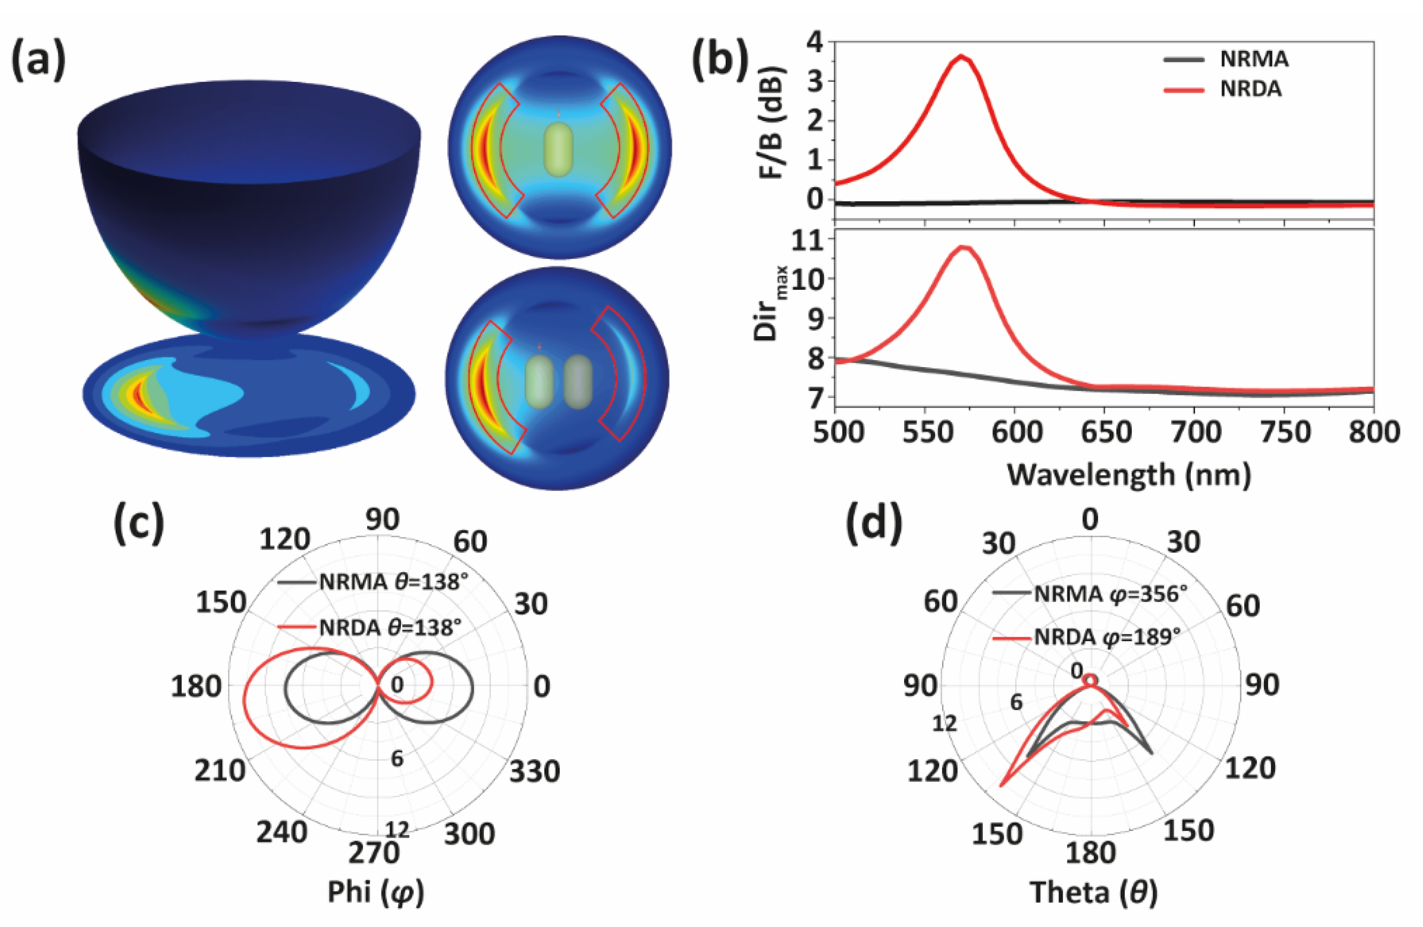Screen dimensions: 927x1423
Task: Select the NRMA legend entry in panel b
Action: pos(1253,59)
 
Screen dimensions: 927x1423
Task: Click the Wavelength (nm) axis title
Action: pos(1129,475)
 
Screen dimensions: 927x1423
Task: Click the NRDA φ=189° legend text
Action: pos(1106,637)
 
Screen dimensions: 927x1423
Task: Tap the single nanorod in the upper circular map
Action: pos(559,149)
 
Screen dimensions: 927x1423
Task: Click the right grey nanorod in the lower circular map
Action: pos(578,382)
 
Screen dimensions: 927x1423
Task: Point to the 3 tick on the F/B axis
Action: pos(814,81)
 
